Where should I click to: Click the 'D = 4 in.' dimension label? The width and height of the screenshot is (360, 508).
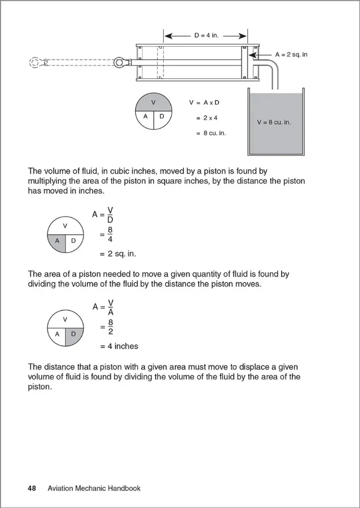[x=206, y=36]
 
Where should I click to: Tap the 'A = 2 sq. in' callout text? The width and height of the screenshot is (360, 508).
[x=291, y=54]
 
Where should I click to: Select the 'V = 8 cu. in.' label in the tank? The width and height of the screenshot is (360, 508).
[x=274, y=122]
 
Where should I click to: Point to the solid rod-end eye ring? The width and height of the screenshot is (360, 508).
[x=120, y=63]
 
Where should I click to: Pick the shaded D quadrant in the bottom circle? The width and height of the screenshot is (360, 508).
[x=73, y=334]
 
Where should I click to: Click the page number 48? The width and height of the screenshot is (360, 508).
[x=32, y=488]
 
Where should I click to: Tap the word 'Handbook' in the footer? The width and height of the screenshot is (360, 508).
[x=125, y=488]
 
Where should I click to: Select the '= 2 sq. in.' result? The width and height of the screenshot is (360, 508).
[x=118, y=254]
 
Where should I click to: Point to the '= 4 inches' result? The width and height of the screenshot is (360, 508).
[x=119, y=346]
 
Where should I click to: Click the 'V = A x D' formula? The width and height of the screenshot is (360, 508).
[x=204, y=102]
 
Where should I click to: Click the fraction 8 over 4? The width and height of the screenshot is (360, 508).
[x=110, y=234]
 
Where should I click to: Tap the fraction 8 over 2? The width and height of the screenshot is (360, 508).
[x=110, y=327]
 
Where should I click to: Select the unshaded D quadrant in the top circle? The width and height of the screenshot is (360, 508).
[x=163, y=117]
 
